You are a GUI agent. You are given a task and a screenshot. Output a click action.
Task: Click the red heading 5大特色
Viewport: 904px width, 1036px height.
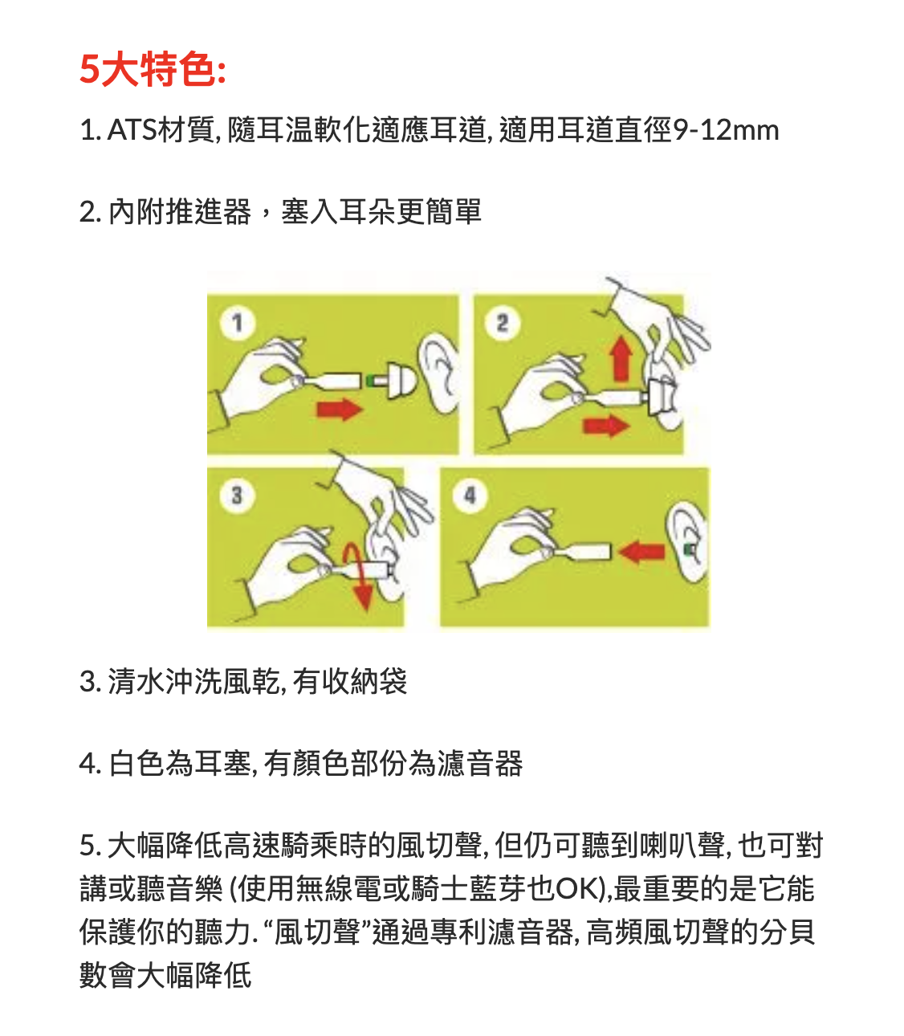coord(153,69)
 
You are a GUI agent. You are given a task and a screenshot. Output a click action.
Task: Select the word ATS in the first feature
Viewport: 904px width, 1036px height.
coord(132,130)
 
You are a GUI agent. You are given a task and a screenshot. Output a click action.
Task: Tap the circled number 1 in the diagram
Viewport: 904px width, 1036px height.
coord(238,323)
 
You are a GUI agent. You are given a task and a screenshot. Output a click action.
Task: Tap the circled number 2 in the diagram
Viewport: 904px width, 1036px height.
coord(502,323)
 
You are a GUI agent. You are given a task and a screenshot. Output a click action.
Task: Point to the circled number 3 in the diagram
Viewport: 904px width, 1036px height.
coord(238,496)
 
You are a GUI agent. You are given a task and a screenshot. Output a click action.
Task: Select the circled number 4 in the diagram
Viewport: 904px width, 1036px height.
coord(470,496)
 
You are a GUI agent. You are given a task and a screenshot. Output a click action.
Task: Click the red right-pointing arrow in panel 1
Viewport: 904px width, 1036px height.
coord(340,409)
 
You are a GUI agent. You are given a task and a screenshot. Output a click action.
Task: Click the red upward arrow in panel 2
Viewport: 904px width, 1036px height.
coord(621,359)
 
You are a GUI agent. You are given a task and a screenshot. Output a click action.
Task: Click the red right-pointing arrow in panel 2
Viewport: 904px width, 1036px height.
coord(606,426)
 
